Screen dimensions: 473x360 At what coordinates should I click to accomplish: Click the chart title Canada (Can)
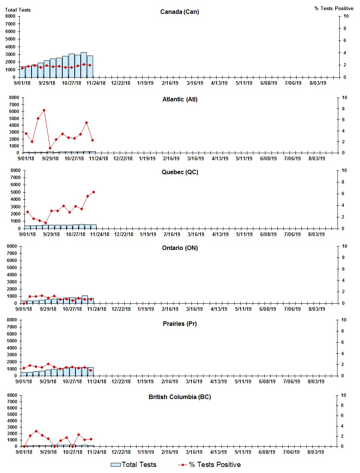pos(179,12)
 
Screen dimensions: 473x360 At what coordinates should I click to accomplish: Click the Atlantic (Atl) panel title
pos(180,99)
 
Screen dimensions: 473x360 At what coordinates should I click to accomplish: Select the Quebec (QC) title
pos(180,172)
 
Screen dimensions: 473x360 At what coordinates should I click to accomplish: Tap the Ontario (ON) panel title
pos(180,248)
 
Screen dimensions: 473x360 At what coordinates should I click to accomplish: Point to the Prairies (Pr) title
pos(179,324)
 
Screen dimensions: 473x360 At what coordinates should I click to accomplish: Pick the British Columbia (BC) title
pos(179,397)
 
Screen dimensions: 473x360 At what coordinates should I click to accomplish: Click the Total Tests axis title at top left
pos(18,10)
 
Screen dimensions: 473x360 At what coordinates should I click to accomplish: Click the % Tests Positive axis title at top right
pos(334,9)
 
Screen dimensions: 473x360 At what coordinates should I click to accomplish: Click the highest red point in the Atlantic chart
pos(44,110)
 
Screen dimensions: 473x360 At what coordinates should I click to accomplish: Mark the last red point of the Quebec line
pos(93,192)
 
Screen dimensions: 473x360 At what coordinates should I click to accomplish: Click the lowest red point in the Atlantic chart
pos(50,148)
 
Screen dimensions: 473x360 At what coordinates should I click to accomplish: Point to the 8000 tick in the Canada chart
pos(11,16)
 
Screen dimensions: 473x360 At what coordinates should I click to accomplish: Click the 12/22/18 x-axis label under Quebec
pos(124,235)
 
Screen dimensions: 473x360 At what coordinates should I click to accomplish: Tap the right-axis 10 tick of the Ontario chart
pos(344,247)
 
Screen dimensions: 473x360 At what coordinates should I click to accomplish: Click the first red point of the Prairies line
pos(24,368)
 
